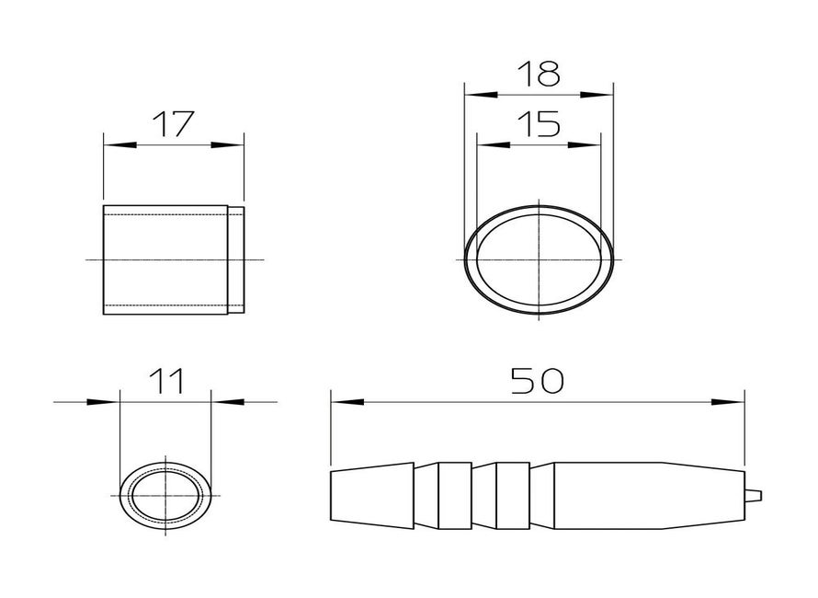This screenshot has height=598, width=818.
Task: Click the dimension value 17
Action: pyautogui.click(x=173, y=124)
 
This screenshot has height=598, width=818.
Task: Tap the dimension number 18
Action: pyautogui.click(x=539, y=74)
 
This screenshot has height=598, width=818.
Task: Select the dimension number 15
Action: pyautogui.click(x=539, y=124)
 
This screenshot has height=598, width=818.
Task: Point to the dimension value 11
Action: pyautogui.click(x=165, y=381)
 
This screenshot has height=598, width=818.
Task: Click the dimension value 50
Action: pyautogui.click(x=538, y=380)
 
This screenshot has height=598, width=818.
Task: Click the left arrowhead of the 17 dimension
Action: pyautogui.click(x=120, y=145)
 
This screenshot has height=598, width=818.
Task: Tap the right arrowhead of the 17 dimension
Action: pyautogui.click(x=227, y=145)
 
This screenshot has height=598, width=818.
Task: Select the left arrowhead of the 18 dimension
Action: pyautogui.click(x=481, y=95)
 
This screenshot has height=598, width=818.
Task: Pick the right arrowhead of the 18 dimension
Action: pyautogui.click(x=597, y=95)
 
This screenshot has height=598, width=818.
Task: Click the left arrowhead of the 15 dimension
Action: pyautogui.click(x=494, y=144)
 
